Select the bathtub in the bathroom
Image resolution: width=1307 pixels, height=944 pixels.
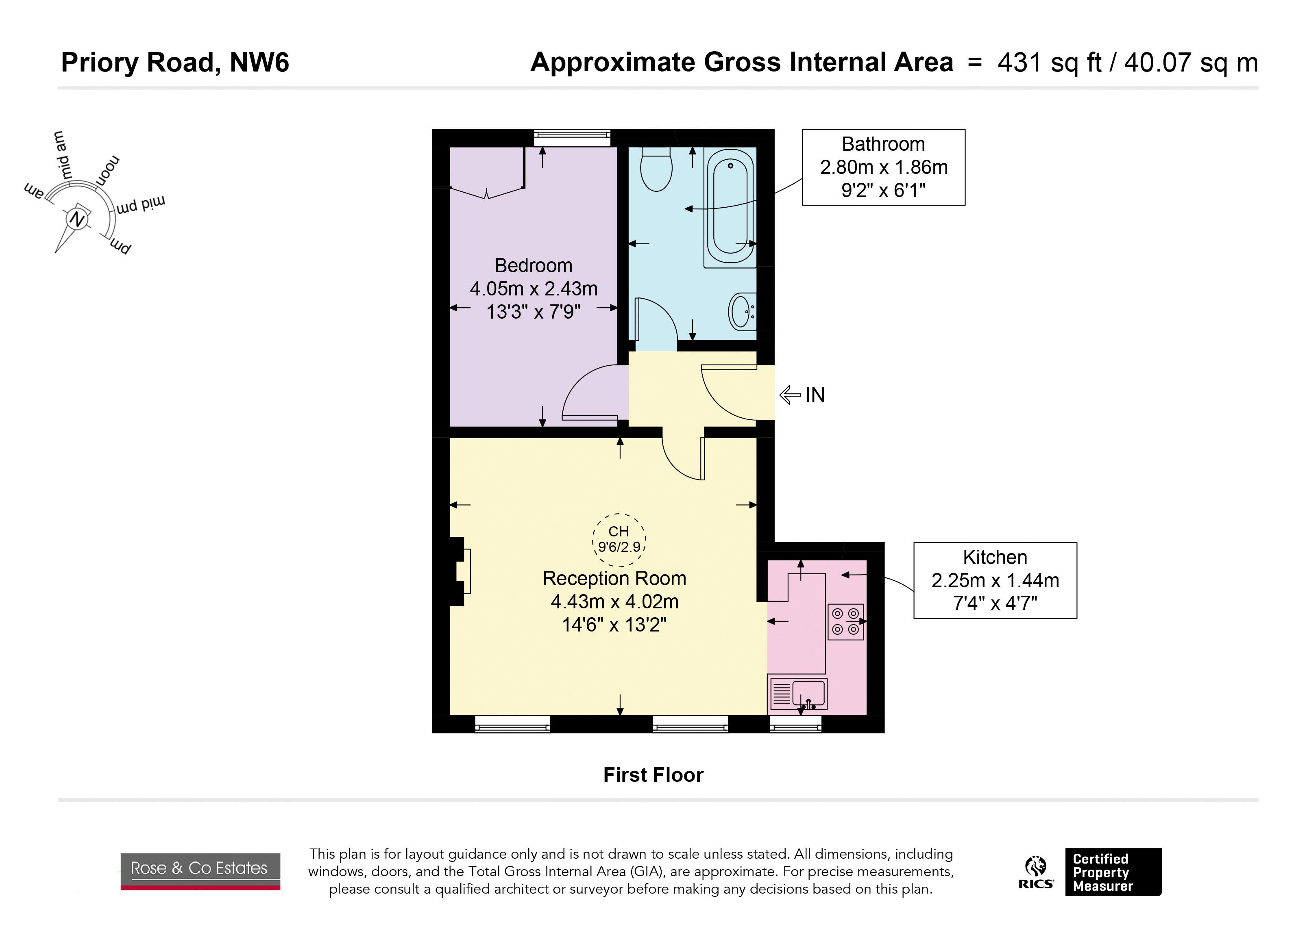point(730,207)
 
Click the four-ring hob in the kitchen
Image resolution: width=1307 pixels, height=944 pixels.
point(845,621)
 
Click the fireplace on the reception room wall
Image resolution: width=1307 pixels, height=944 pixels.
point(459,571)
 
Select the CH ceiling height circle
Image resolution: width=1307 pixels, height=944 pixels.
point(619,539)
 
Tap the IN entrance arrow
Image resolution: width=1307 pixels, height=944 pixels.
point(790,395)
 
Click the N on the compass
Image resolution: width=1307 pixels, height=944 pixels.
point(76,219)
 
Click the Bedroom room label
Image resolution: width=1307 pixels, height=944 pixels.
point(534,265)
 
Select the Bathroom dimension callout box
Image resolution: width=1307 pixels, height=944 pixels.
point(883,167)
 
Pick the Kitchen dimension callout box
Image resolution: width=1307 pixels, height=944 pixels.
point(995,581)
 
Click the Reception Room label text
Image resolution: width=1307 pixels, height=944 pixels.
point(614,578)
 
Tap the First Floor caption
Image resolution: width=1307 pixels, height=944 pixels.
point(653,775)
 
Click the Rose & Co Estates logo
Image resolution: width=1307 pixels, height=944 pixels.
point(200,871)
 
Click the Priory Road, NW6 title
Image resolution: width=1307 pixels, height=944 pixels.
point(175,62)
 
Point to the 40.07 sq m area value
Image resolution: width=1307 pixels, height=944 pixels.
point(1191,63)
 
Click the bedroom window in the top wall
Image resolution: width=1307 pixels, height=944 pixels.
point(572,138)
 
